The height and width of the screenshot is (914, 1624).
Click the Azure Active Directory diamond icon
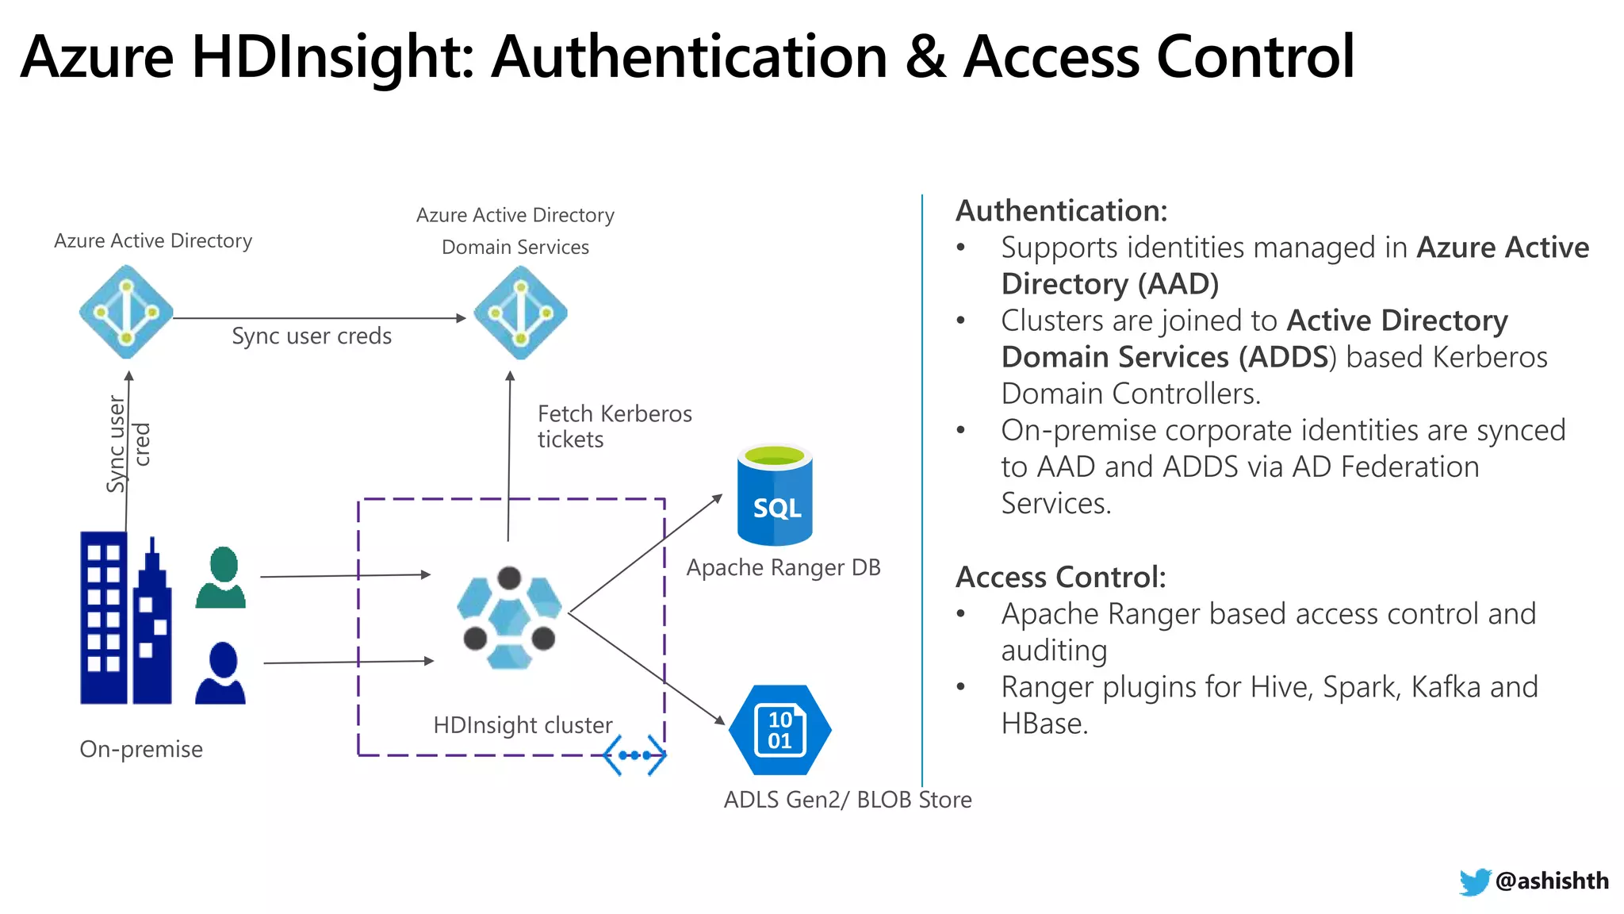tap(126, 312)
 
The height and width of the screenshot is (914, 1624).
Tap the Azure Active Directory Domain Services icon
tap(520, 312)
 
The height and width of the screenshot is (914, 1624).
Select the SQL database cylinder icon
tap(775, 496)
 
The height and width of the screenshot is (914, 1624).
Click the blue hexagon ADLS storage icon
tap(779, 729)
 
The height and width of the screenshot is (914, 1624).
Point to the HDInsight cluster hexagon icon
tap(509, 619)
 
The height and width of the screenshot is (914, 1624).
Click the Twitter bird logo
tap(1474, 881)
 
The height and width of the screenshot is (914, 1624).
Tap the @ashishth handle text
tap(1552, 881)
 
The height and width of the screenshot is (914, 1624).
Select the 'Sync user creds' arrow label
tap(312, 336)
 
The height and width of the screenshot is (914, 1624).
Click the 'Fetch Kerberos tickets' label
tap(615, 426)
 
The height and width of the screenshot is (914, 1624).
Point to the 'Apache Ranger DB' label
tap(783, 568)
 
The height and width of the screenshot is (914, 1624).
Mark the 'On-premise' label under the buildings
tap(141, 749)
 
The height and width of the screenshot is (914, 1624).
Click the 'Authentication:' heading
tap(1062, 211)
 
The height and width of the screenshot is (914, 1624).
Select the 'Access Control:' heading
tap(1061, 578)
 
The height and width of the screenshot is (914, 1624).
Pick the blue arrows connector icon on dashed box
tap(634, 755)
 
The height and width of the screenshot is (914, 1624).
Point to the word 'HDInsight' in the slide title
tap(333, 57)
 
